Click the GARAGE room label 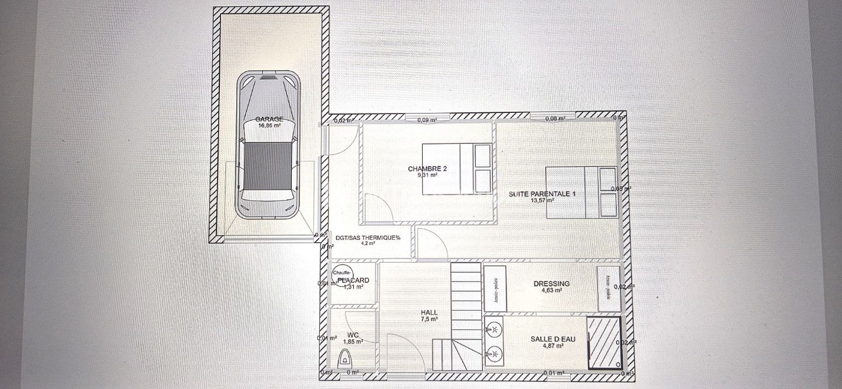coord(269,119)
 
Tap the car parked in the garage coord(268,146)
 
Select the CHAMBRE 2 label coord(427,169)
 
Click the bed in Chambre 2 coord(456,168)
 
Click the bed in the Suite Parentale coord(581,192)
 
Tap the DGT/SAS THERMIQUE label coord(368,238)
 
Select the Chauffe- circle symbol coord(342,273)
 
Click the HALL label coord(429,312)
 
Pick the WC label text coord(351,335)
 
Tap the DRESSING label coord(551,284)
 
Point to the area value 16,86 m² coord(270,125)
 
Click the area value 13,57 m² coord(543,200)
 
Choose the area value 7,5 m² coord(429,319)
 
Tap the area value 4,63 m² coord(551,290)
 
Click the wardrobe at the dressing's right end coord(608,288)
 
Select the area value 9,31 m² coord(427,175)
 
